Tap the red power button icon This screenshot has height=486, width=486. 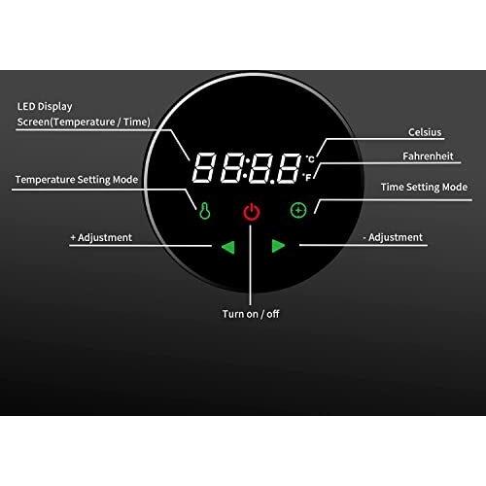[252, 212]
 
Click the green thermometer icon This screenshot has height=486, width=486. [205, 211]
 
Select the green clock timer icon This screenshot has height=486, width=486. [298, 210]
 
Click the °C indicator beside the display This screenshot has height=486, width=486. [310, 159]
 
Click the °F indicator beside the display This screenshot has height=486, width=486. [307, 177]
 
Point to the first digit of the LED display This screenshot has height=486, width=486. [204, 167]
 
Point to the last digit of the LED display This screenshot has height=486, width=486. [289, 168]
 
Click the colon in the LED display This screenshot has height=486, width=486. [246, 168]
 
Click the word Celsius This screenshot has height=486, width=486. [425, 132]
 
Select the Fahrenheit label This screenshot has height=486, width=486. [428, 156]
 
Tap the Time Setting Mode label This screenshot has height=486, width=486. [424, 187]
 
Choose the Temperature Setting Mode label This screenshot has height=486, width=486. [77, 180]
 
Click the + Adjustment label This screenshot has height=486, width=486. [101, 237]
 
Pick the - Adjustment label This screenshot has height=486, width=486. [393, 237]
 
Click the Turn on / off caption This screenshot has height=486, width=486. [251, 314]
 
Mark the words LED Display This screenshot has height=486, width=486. [45, 107]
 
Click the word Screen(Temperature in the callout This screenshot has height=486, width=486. [66, 122]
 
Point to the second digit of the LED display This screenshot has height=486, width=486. [232, 168]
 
